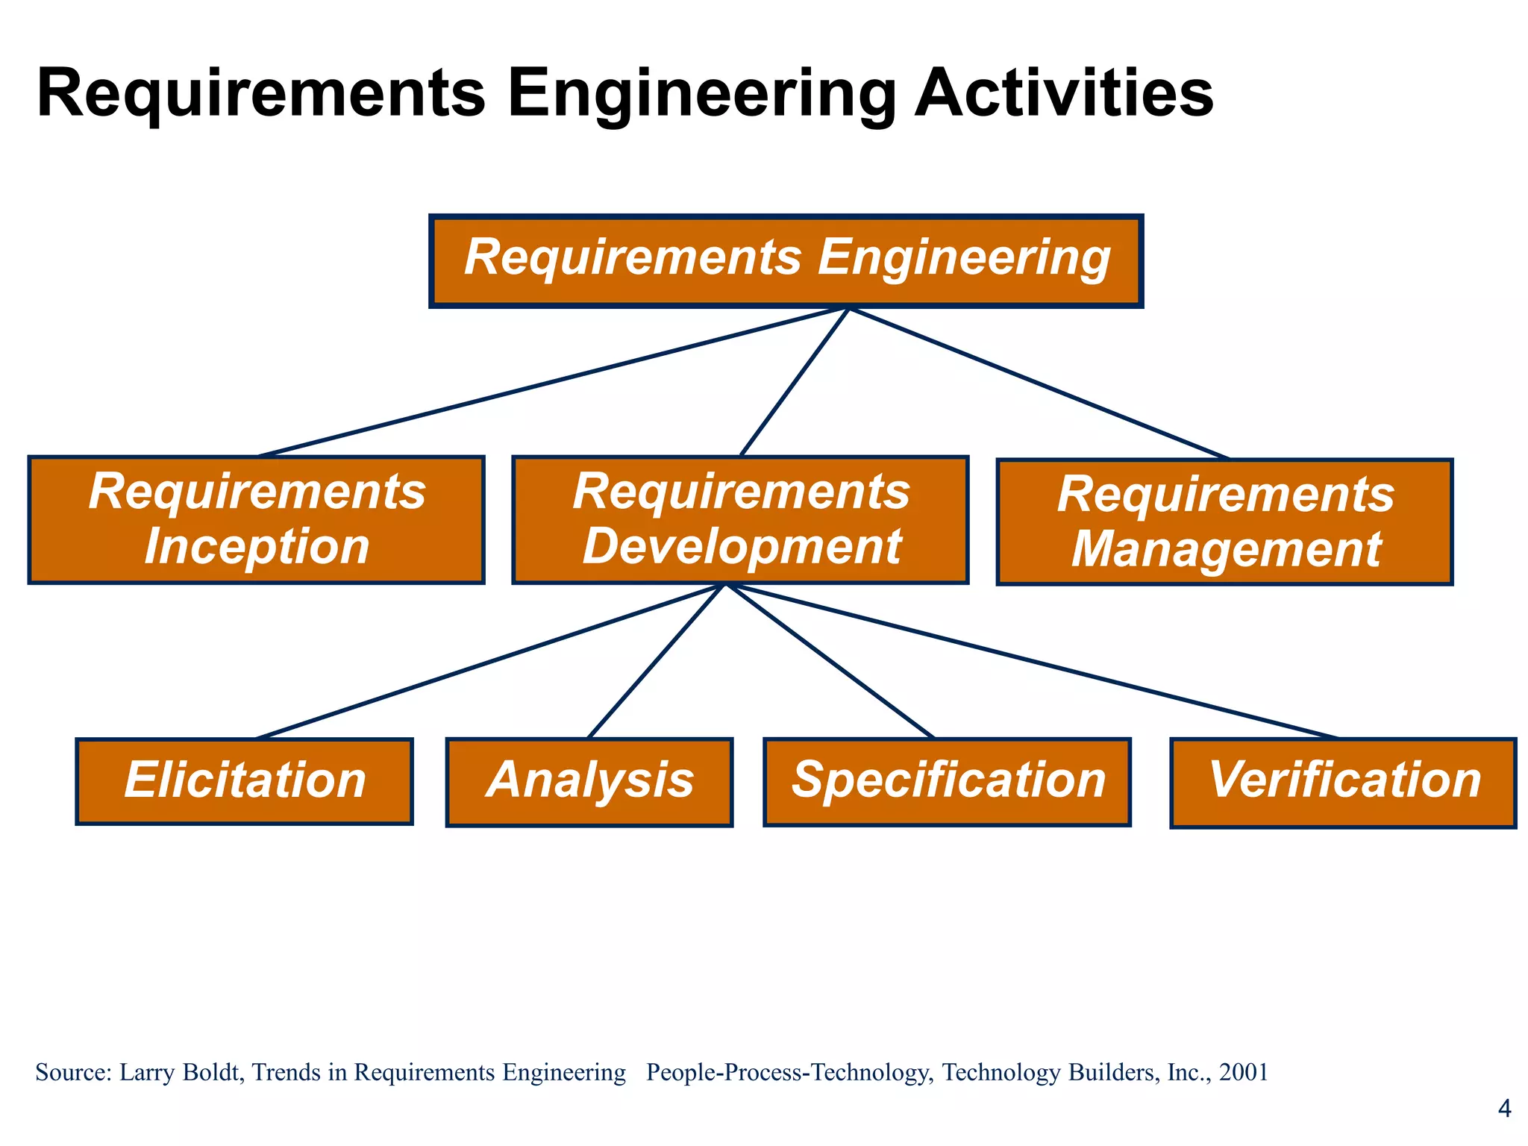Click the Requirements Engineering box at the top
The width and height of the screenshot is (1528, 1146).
[786, 260]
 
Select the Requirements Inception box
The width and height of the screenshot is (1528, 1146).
[256, 519]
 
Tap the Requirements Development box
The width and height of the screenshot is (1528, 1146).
[740, 519]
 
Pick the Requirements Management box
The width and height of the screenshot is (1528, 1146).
[1224, 522]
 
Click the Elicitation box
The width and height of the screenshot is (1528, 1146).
[244, 781]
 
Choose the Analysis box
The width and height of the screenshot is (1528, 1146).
[589, 782]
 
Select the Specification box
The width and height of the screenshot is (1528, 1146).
[947, 782]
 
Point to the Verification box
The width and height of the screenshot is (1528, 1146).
[1343, 783]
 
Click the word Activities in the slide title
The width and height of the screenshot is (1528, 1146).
[1064, 93]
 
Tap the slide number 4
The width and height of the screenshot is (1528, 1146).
[1504, 1109]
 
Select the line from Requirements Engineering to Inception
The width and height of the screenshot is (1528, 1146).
[552, 381]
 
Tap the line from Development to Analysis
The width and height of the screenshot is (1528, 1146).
[657, 661]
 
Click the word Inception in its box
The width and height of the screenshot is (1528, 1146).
[257, 547]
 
